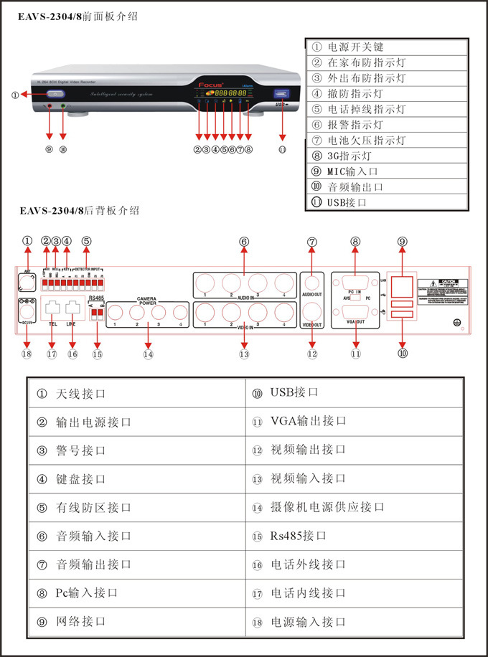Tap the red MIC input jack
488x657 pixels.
click(49, 107)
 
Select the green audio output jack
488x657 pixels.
click(63, 107)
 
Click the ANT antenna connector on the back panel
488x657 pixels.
click(27, 281)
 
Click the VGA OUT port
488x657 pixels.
click(355, 313)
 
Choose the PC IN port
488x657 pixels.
click(355, 280)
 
